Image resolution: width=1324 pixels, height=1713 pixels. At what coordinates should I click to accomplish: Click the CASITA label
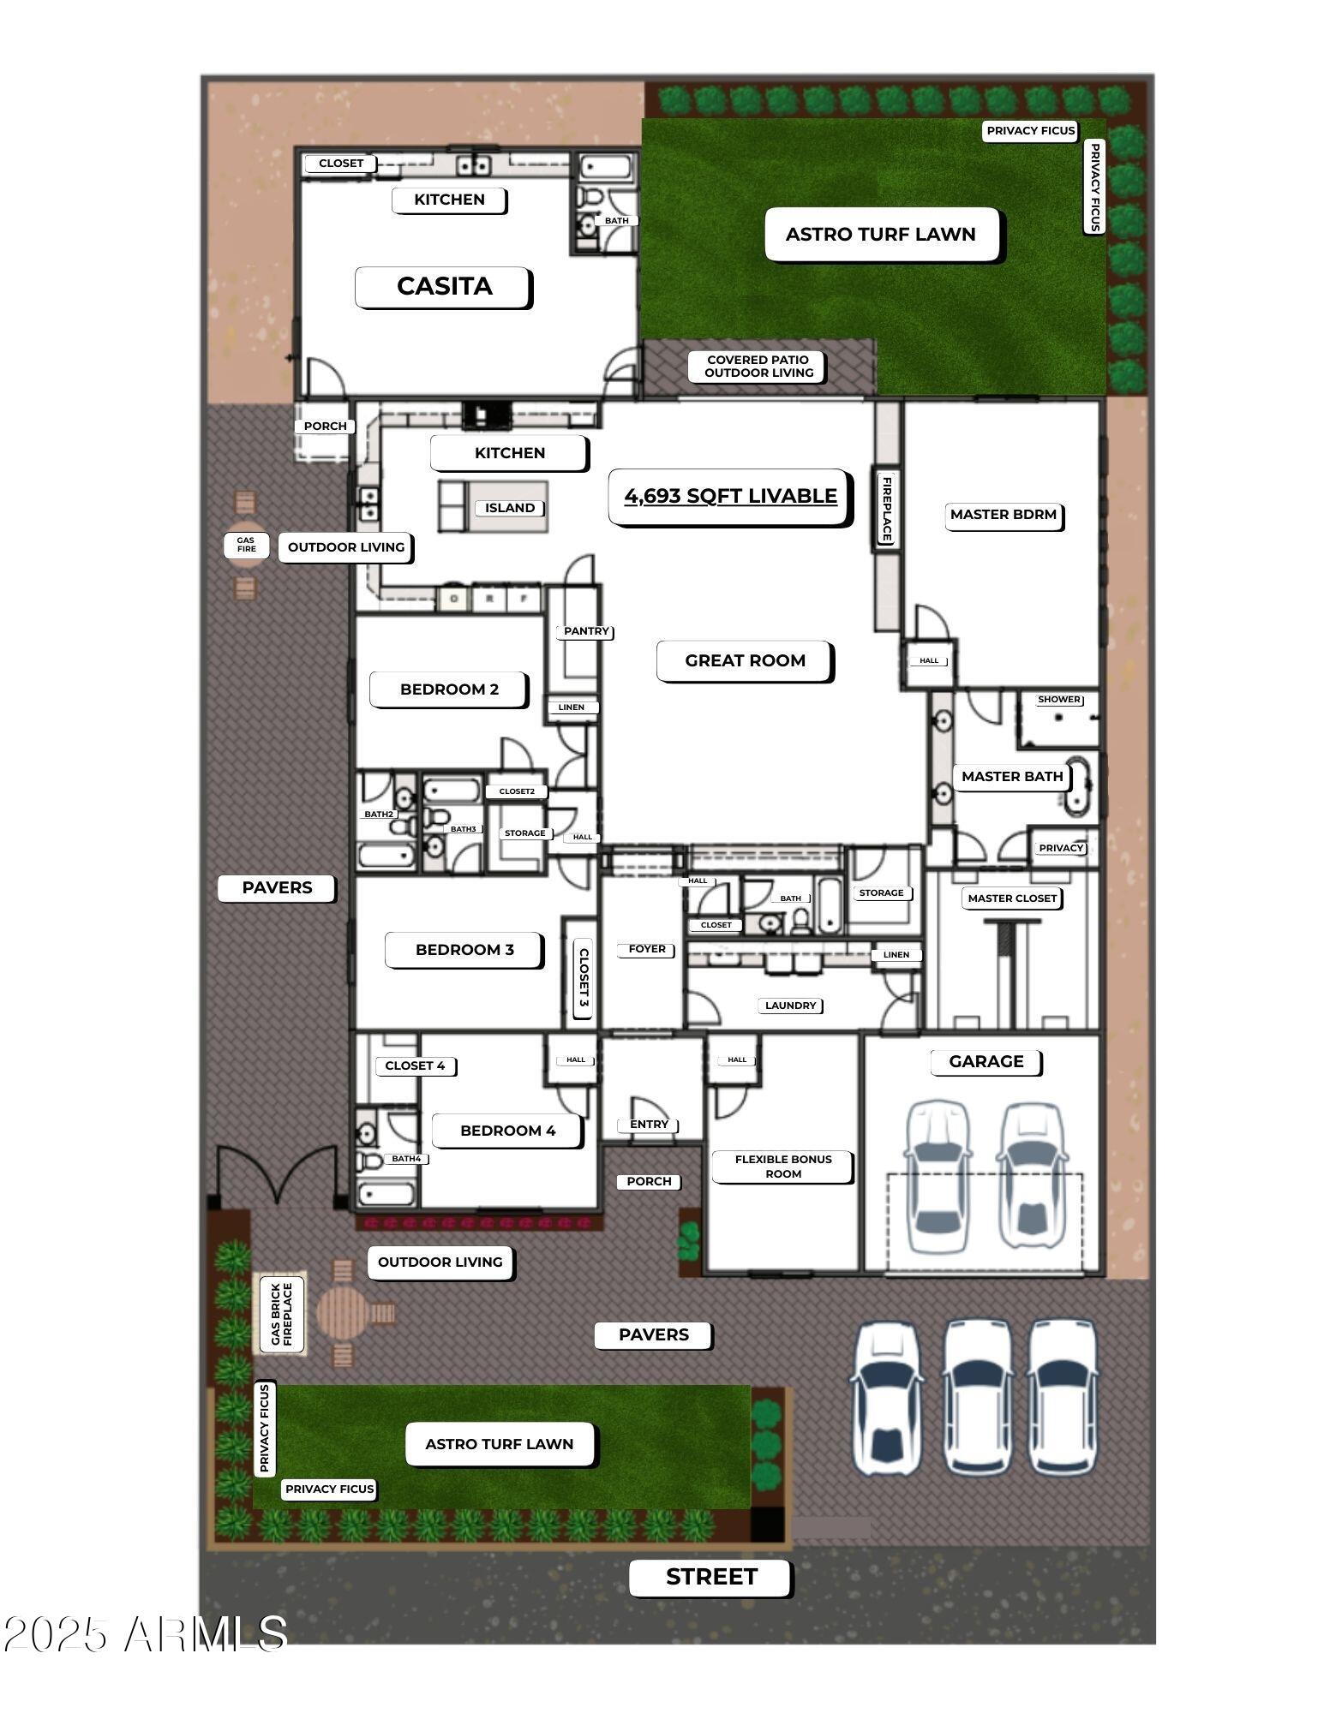(444, 286)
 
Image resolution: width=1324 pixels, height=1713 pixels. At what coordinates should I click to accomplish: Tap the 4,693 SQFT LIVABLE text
(730, 496)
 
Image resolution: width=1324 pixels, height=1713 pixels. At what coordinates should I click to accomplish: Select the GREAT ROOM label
(745, 660)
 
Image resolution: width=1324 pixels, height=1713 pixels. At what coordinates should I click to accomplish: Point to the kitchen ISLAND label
(509, 508)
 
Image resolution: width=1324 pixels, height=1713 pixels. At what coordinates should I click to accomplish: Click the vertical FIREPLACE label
(886, 509)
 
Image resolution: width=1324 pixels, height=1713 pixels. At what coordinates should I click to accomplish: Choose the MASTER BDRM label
(1003, 515)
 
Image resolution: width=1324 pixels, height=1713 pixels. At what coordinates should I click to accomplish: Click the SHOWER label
(1058, 699)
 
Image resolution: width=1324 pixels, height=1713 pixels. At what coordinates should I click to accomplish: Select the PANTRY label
(586, 631)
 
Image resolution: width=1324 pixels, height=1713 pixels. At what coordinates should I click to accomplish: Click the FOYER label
(646, 949)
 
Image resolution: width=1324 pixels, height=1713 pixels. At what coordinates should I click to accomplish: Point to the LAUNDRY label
(790, 1006)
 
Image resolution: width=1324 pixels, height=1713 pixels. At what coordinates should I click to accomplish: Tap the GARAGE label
(986, 1061)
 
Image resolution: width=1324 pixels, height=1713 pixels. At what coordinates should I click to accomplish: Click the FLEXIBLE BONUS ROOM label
(782, 1166)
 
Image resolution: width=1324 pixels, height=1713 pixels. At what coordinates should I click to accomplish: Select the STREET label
(710, 1577)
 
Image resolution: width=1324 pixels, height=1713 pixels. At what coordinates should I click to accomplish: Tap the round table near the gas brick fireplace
(341, 1311)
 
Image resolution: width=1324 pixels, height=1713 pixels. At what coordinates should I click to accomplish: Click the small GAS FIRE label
(246, 545)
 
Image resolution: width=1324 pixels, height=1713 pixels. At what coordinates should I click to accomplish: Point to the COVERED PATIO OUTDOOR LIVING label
(758, 367)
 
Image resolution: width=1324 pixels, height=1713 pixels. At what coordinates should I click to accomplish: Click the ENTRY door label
(649, 1124)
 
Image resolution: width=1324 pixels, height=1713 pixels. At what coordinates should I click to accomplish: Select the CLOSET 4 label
(415, 1065)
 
